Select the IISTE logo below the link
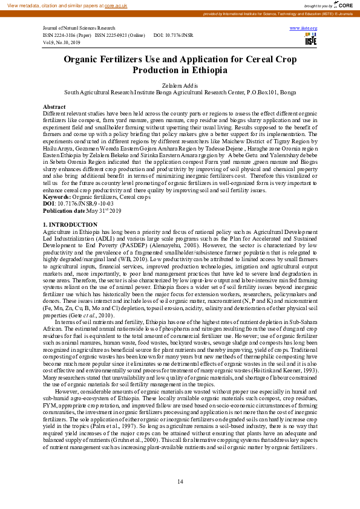pos(311,39)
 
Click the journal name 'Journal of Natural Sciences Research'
pos(79,28)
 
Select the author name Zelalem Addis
pos(180,86)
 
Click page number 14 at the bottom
pos(180,481)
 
